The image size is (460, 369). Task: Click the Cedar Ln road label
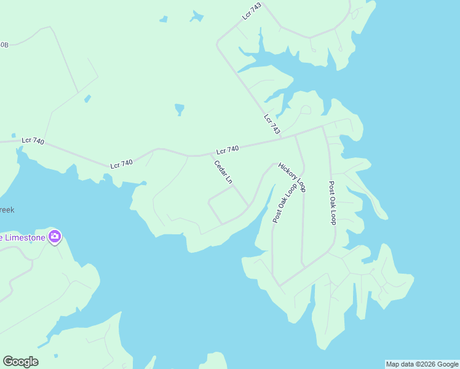pyautogui.click(x=223, y=172)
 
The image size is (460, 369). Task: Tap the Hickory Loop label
pyautogui.click(x=292, y=177)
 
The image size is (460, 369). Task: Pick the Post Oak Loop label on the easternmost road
pyautogui.click(x=332, y=202)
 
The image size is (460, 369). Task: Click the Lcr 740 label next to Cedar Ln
pyautogui.click(x=228, y=150)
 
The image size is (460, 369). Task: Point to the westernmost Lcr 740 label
pyautogui.click(x=33, y=141)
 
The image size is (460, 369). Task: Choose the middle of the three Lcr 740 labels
pyautogui.click(x=121, y=164)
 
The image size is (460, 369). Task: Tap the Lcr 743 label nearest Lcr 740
pyautogui.click(x=272, y=124)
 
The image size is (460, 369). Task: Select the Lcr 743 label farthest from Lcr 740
pyautogui.click(x=252, y=10)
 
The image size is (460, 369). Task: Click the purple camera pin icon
pyautogui.click(x=55, y=236)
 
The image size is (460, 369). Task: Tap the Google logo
pyautogui.click(x=20, y=362)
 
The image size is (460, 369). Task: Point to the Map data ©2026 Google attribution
pyautogui.click(x=422, y=364)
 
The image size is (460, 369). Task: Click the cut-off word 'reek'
pyautogui.click(x=7, y=210)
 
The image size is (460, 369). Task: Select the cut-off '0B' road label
pyautogui.click(x=4, y=45)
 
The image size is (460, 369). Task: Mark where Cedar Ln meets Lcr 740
pyautogui.click(x=206, y=155)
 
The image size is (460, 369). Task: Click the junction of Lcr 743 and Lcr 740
pyautogui.click(x=282, y=137)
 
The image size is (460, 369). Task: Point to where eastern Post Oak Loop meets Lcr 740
pyautogui.click(x=323, y=127)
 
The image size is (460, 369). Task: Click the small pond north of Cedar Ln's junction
pyautogui.click(x=180, y=109)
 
